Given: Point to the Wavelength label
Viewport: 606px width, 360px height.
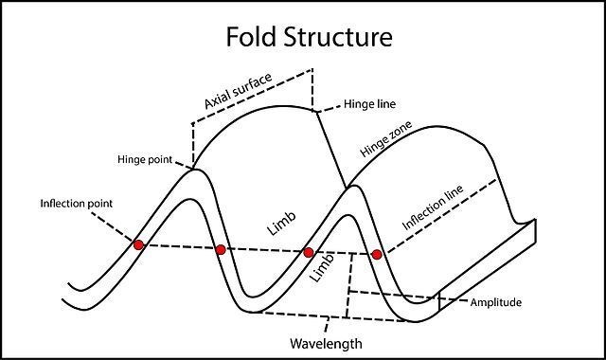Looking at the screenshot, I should tap(328, 343).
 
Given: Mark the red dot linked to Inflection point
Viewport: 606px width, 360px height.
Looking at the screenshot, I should tap(139, 244).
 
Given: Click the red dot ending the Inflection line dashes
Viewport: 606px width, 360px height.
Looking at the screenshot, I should tap(377, 255).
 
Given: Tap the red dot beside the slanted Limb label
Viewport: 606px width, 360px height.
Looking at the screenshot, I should tap(308, 253).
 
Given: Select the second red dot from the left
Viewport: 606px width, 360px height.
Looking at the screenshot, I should tap(221, 249).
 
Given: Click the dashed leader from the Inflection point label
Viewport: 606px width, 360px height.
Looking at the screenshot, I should tap(109, 224).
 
